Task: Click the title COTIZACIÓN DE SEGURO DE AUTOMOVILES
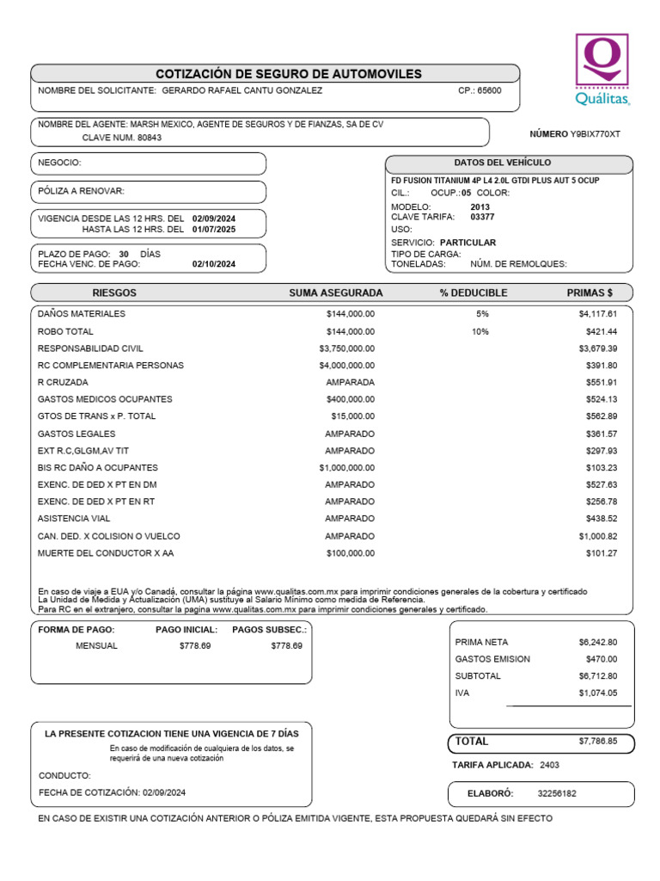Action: click(x=289, y=74)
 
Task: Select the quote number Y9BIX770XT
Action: click(x=596, y=134)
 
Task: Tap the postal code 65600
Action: click(x=489, y=90)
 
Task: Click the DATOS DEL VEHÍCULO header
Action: click(x=503, y=163)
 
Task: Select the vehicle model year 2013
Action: click(x=481, y=207)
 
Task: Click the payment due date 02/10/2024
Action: click(x=214, y=264)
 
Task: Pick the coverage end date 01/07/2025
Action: click(x=214, y=230)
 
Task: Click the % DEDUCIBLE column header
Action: click(x=474, y=293)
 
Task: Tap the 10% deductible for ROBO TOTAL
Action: click(x=481, y=331)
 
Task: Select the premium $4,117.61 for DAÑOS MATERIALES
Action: click(x=598, y=314)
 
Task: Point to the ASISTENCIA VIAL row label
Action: click(x=74, y=519)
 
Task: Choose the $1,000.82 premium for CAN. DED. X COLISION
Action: click(x=598, y=536)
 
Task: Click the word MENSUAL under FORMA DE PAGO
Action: click(x=96, y=645)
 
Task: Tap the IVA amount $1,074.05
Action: click(x=598, y=693)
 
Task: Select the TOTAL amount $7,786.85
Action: click(x=598, y=741)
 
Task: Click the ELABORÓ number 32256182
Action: click(x=557, y=793)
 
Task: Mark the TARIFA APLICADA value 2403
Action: click(x=550, y=764)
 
